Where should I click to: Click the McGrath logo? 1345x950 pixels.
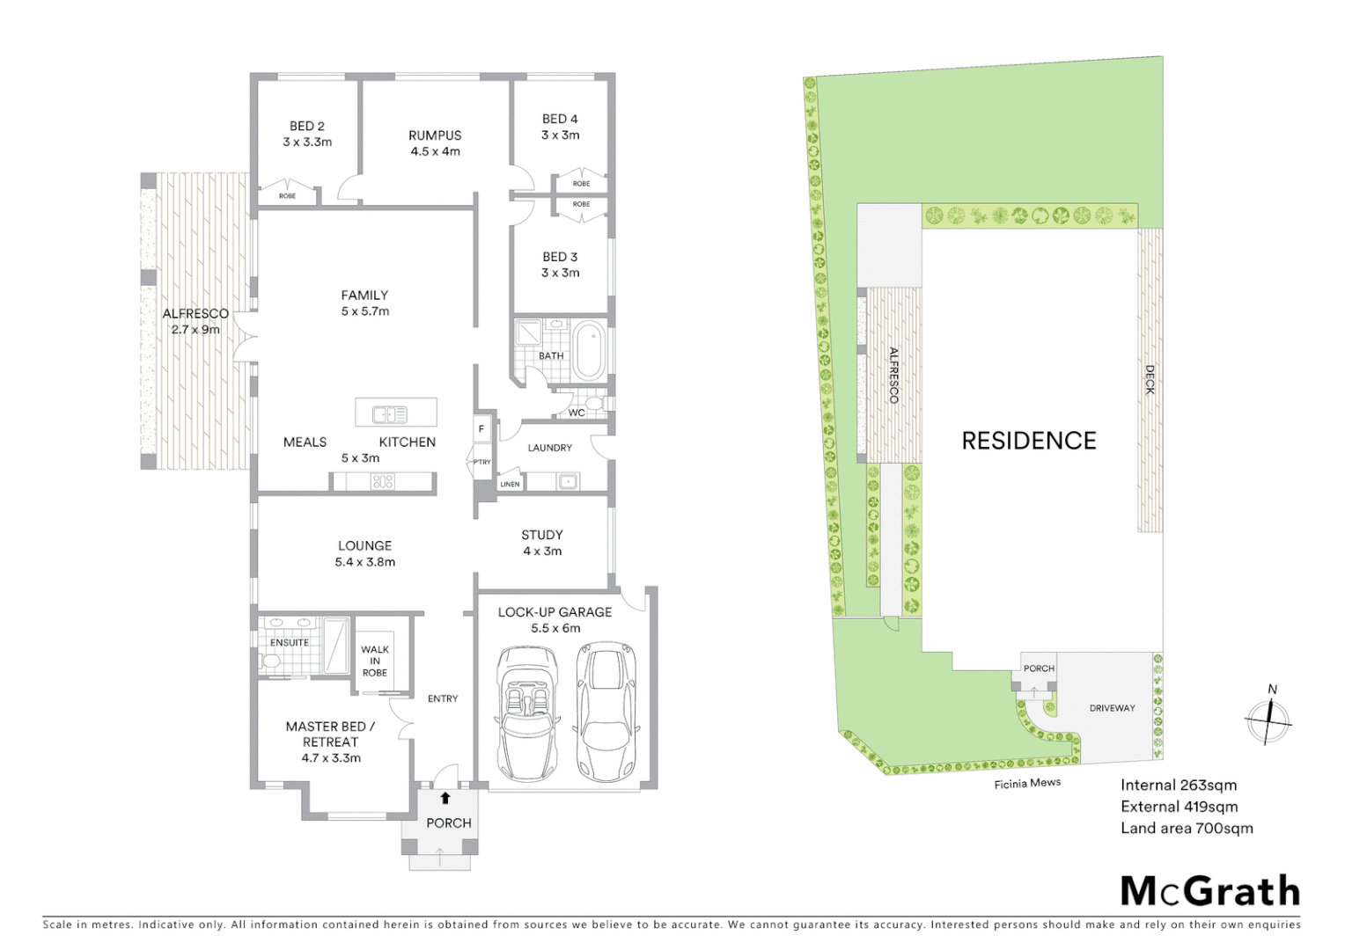[1209, 891]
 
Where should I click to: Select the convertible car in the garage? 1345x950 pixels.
[527, 713]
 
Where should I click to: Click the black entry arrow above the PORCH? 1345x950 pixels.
[445, 798]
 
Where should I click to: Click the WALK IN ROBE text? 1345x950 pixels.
[375, 661]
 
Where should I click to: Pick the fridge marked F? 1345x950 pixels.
[481, 429]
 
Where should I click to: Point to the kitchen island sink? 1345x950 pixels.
[389, 414]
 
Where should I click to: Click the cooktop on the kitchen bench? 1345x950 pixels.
[383, 481]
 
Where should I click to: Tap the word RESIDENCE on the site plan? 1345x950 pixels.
[1028, 441]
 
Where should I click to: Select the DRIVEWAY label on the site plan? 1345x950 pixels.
[1112, 708]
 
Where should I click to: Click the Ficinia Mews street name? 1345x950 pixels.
[1027, 783]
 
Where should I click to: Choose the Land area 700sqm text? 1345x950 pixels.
[1186, 828]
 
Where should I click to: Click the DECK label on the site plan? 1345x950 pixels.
[1150, 380]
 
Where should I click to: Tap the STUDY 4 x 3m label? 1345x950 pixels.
[542, 543]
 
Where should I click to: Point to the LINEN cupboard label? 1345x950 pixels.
[510, 484]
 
